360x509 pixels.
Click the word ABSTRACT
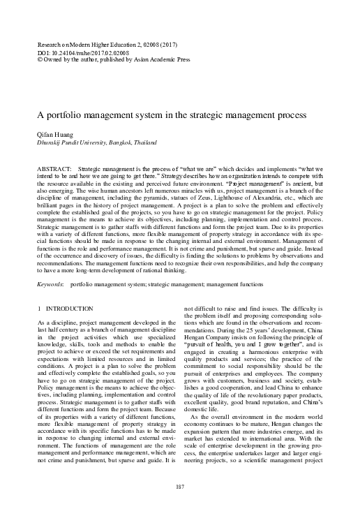pos(53,170)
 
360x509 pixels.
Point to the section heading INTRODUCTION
pos(68,308)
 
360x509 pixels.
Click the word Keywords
pos(51,285)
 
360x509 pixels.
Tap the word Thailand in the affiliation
pos(144,142)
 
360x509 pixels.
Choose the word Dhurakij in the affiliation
pos(50,142)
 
